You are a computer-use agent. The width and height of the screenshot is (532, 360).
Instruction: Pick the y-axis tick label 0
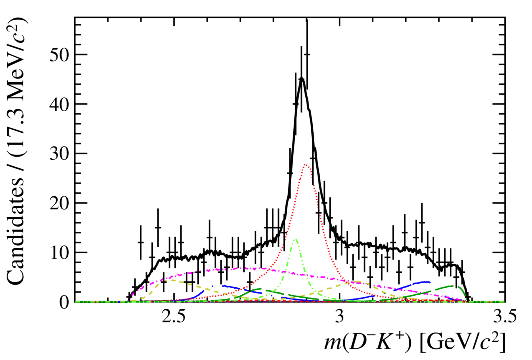64,302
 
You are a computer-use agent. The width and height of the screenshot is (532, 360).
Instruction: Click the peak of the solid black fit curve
301,78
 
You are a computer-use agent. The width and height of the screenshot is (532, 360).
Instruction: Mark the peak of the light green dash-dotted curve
295,239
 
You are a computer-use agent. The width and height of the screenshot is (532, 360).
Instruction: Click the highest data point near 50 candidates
307,54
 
